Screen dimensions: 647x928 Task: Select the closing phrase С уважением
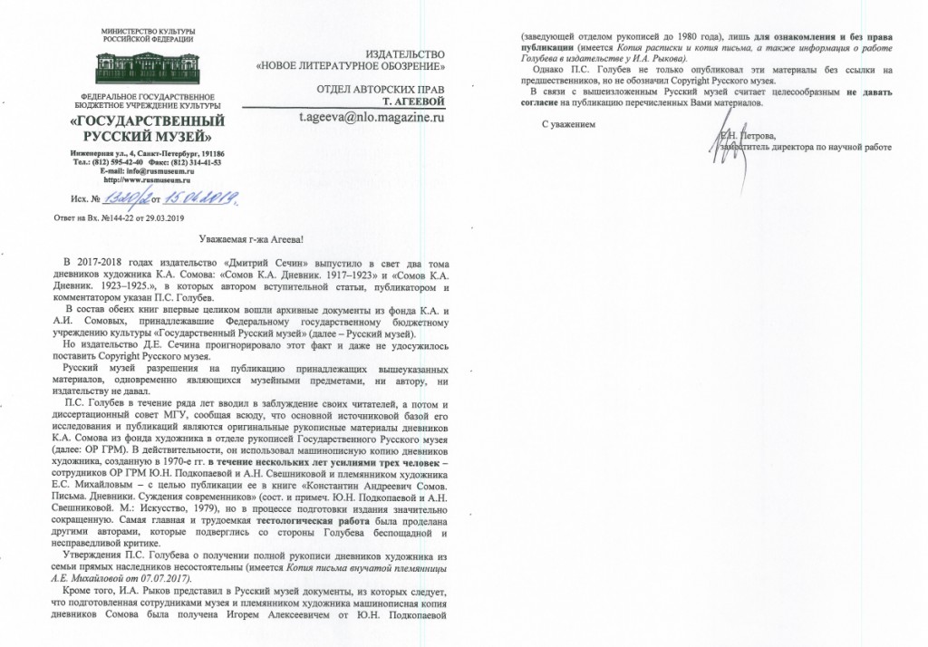tap(569, 123)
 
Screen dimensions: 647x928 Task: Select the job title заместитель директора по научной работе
tap(807, 147)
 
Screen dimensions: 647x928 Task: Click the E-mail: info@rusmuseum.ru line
tap(148, 172)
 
